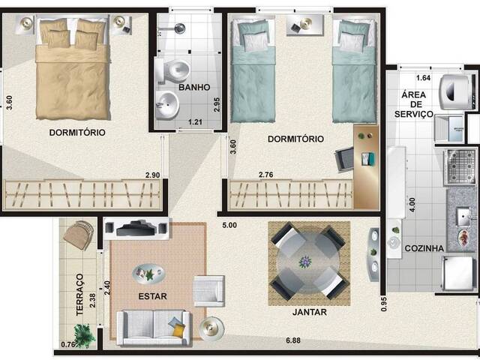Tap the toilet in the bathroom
(x=175, y=72)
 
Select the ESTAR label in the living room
(x=152, y=296)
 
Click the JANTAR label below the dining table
(x=310, y=312)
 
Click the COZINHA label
(x=424, y=248)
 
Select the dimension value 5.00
(x=229, y=225)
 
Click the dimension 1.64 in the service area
(x=423, y=78)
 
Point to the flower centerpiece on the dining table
(x=305, y=262)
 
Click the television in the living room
(x=136, y=226)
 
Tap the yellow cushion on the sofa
(x=176, y=327)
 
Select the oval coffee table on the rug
(x=146, y=272)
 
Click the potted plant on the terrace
(x=85, y=335)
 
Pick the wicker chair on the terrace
(x=78, y=235)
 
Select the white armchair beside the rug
(x=208, y=290)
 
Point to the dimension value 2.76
(x=266, y=175)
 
